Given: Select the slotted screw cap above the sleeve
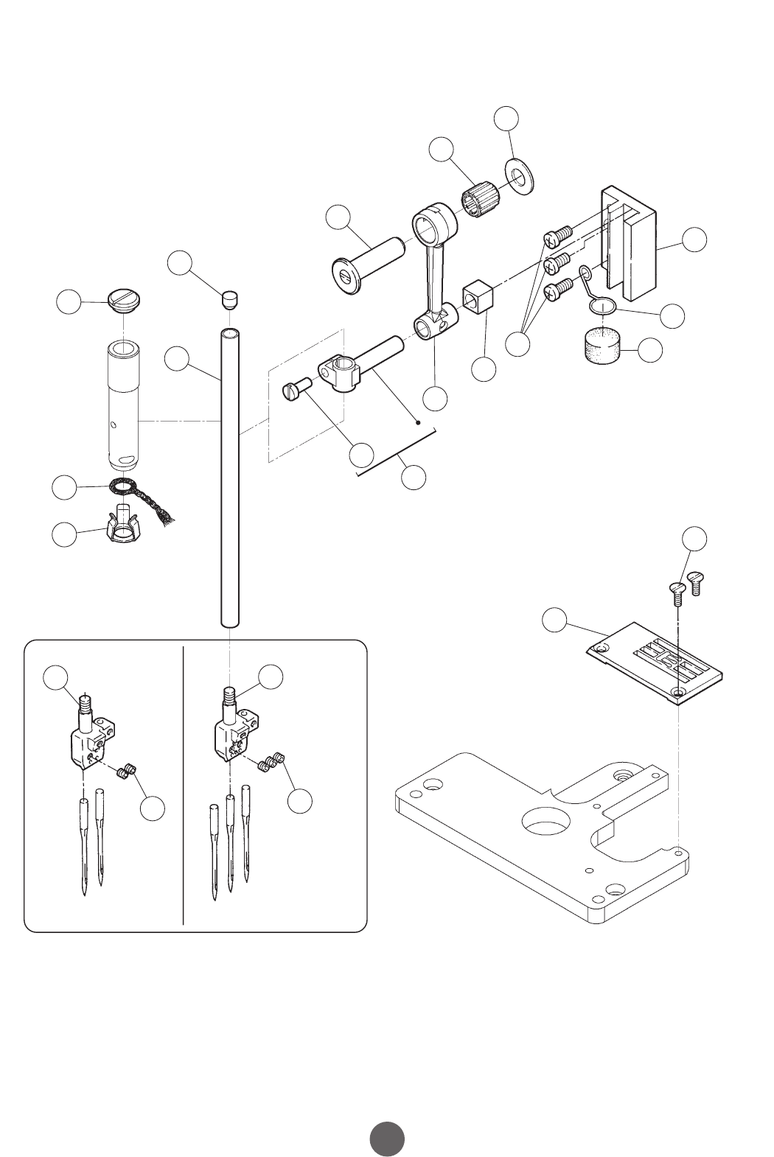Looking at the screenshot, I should click(124, 299).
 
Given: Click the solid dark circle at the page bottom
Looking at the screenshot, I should click(387, 1138).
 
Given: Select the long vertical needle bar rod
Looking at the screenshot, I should click(231, 479).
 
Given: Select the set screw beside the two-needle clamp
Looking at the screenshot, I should click(127, 771).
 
